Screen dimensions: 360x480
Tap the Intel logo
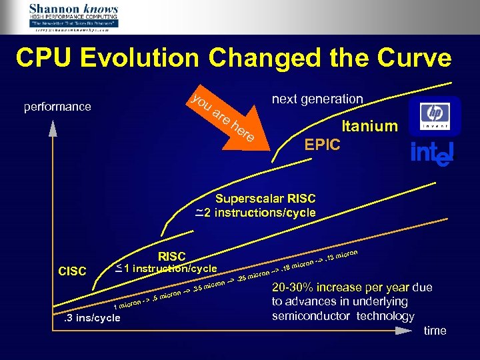pos(432,153)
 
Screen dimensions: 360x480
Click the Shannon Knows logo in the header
pos(73,17)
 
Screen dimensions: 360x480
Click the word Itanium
pos(369,126)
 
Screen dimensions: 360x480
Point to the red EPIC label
pos(322,145)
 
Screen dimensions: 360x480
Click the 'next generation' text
pos(317,99)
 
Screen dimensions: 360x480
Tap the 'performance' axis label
pos(57,107)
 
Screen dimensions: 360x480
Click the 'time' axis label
pos(435,331)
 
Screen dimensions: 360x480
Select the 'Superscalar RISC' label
pos(265,199)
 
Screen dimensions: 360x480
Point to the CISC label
pos(73,271)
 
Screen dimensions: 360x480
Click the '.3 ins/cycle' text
pos(88,317)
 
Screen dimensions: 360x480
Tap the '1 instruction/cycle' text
pos(170,269)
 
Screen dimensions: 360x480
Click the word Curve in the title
pos(412,58)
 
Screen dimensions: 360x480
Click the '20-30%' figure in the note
pos(297,288)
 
